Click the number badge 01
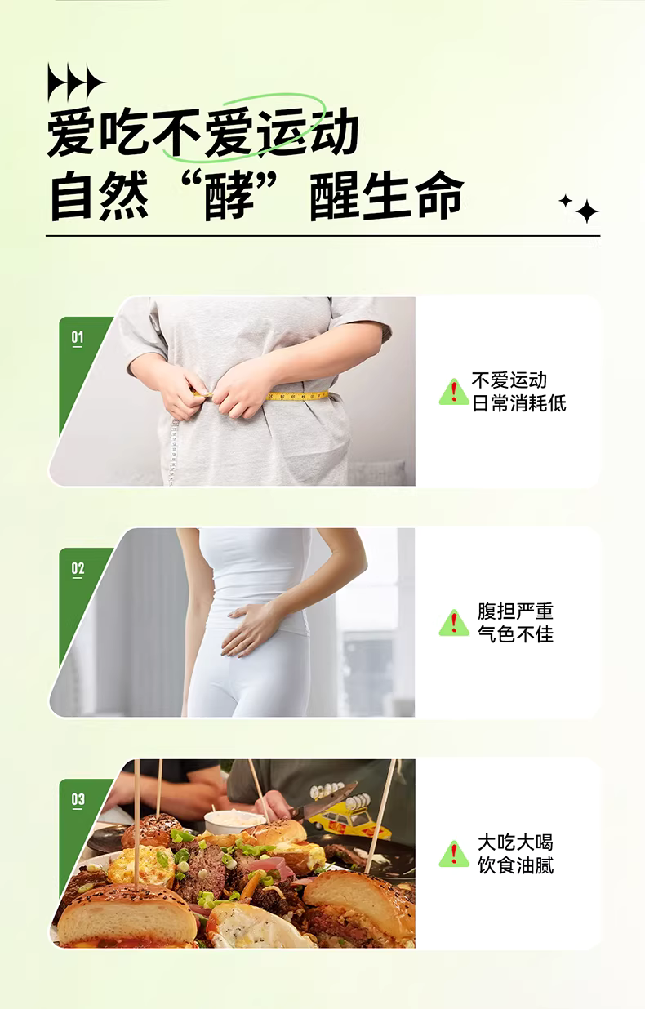78,339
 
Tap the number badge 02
78,569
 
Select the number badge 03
78,800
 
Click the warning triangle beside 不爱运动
454,392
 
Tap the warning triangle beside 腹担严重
454,623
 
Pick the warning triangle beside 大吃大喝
454,854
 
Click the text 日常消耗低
519,403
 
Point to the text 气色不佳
515,634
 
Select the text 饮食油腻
515,865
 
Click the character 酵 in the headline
229,197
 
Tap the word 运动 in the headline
308,132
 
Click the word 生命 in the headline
413,197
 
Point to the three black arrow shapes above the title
76,82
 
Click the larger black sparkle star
586,211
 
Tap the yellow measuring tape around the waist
297,396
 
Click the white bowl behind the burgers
228,823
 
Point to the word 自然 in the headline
99,197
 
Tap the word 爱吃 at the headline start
99,132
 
